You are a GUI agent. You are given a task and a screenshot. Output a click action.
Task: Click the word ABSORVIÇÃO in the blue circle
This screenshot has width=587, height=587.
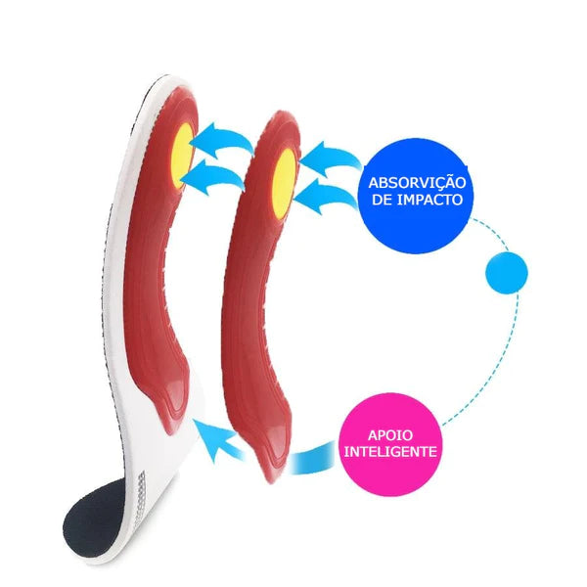click(417, 182)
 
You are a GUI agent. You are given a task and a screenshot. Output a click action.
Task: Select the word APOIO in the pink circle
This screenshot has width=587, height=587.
click(390, 435)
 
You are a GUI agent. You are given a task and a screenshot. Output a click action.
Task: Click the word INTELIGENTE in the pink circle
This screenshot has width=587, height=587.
click(390, 451)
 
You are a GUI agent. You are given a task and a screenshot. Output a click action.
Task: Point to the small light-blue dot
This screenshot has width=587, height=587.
click(507, 273)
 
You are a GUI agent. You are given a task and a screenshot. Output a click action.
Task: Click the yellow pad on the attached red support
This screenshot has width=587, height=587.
click(183, 157)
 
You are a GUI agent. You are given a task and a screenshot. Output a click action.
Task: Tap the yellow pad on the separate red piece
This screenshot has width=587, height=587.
click(284, 184)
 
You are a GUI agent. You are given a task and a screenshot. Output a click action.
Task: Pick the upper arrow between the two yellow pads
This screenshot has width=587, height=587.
click(225, 141)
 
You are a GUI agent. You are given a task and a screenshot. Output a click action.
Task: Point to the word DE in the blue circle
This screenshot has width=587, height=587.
click(382, 200)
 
